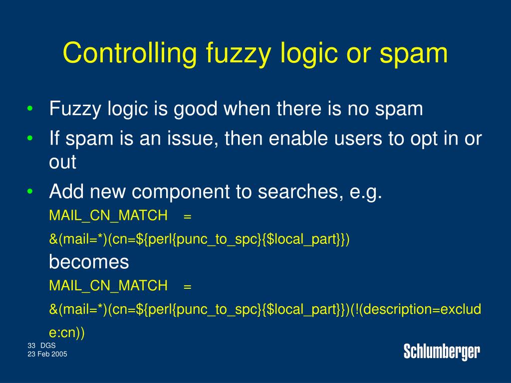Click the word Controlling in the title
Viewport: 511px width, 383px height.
click(x=130, y=53)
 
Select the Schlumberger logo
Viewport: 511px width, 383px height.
click(x=442, y=352)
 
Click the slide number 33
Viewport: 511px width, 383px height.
click(x=31, y=346)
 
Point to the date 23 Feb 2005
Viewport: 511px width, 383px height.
click(x=47, y=354)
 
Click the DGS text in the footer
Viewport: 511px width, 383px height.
click(x=48, y=346)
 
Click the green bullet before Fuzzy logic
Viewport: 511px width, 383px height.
click(x=30, y=109)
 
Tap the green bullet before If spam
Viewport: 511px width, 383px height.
click(x=30, y=139)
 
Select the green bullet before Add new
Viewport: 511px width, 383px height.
click(x=30, y=191)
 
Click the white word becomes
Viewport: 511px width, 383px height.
click(x=89, y=261)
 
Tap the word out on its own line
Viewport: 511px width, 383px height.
click(x=62, y=162)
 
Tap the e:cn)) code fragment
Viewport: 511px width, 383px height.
click(x=67, y=333)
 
